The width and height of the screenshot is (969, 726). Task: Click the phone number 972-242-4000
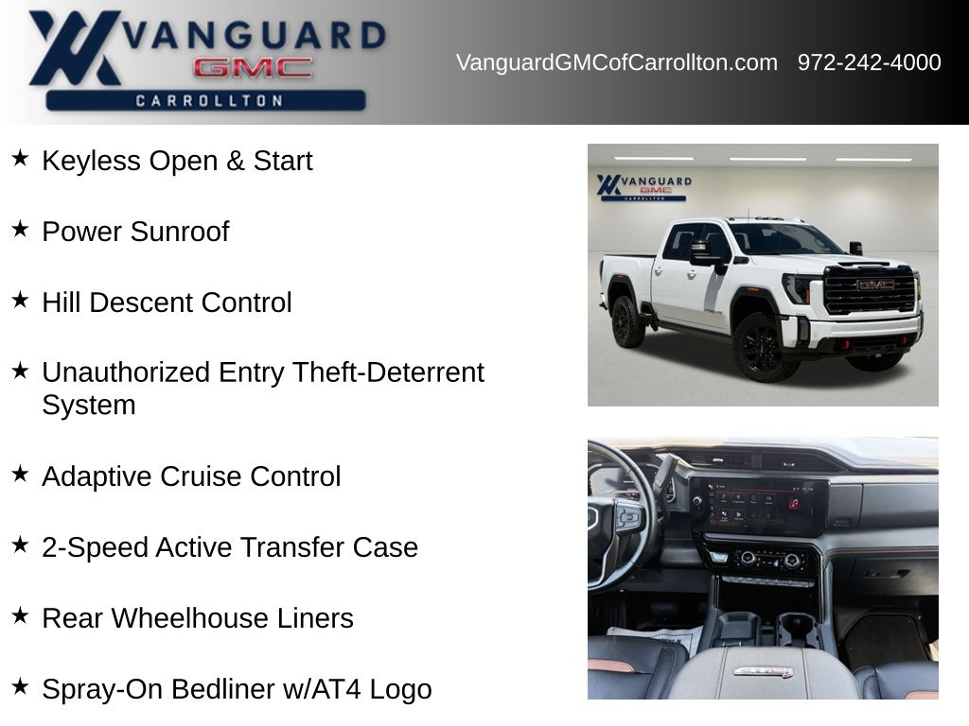(869, 62)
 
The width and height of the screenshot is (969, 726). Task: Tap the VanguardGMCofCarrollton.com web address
(617, 62)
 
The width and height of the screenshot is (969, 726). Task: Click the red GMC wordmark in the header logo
(253, 68)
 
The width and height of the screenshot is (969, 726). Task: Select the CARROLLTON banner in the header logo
(205, 100)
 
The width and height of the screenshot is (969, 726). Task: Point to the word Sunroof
(180, 232)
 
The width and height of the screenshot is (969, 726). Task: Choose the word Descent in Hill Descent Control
(142, 302)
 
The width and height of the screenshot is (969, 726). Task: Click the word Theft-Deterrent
(388, 372)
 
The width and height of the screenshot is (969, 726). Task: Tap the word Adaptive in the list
(97, 477)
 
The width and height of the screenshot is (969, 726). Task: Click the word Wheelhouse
(189, 618)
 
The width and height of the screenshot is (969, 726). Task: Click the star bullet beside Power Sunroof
(20, 229)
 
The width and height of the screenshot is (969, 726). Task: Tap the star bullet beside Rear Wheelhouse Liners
(20, 615)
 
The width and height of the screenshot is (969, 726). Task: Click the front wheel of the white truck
(761, 346)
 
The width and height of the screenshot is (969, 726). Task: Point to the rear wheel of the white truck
(627, 321)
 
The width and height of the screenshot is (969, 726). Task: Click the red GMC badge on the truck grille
(875, 285)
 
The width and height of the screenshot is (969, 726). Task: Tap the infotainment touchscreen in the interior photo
(758, 505)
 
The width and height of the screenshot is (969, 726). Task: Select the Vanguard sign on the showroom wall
(643, 187)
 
